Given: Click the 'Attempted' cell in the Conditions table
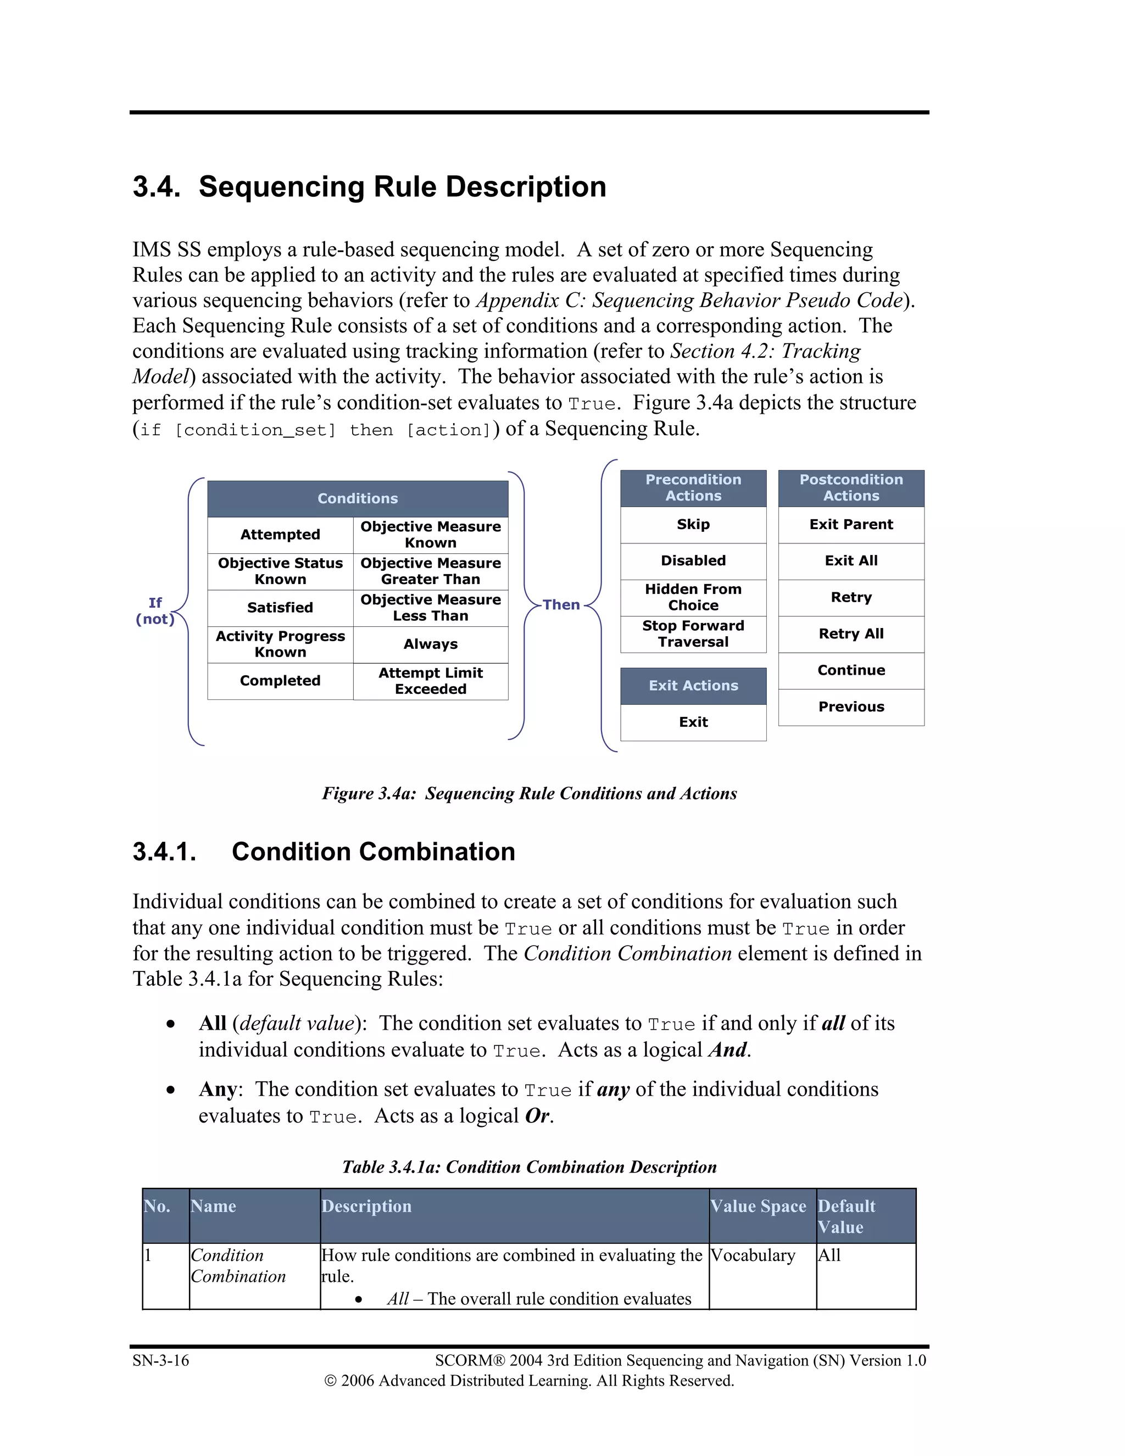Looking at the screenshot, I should point(280,535).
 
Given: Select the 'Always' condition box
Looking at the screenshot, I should point(431,644).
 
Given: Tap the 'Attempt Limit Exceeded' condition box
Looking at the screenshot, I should point(431,681).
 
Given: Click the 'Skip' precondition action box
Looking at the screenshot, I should point(693,525).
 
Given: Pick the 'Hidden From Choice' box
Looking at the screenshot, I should point(693,597).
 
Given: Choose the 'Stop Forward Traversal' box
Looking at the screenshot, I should point(693,634).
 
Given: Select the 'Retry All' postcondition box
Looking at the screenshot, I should point(851,634).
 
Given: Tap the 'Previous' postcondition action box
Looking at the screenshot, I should point(851,707).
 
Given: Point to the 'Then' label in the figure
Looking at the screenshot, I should point(561,605).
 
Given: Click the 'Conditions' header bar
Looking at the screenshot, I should point(357,499).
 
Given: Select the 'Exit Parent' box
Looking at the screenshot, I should point(851,525).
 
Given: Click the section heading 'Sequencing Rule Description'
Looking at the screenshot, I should point(402,187).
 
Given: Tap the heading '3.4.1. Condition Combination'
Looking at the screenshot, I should point(324,852).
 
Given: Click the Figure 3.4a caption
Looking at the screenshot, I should point(529,793).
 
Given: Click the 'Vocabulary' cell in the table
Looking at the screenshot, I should point(753,1255).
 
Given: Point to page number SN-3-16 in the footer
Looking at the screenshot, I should point(160,1360).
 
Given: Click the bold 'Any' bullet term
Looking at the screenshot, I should point(218,1090).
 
